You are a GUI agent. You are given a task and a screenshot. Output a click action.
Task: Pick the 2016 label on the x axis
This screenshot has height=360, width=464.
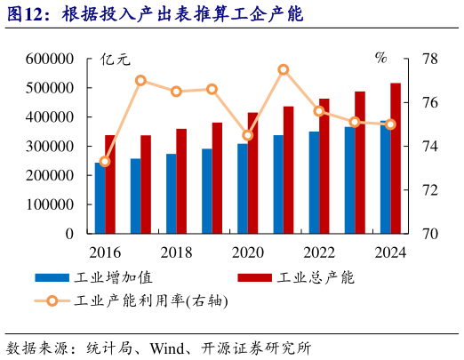[105, 252]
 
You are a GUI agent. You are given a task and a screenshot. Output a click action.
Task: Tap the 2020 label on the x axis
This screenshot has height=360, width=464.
[247, 252]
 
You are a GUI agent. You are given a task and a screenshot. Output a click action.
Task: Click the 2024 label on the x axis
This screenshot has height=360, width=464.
[389, 252]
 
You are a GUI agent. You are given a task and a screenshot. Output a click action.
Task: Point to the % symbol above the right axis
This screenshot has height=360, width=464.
[380, 59]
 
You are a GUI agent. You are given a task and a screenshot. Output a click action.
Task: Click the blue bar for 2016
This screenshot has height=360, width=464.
[100, 198]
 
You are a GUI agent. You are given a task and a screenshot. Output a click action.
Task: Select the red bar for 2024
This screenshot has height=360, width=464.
[396, 158]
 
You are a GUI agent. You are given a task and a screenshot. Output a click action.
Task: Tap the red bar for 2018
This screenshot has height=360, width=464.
[181, 181]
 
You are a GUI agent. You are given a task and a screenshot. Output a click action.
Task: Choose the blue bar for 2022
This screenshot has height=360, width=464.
[314, 182]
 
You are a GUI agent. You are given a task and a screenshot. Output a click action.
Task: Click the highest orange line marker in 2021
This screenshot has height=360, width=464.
[283, 69]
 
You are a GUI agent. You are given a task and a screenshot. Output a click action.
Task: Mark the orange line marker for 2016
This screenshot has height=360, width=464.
[105, 161]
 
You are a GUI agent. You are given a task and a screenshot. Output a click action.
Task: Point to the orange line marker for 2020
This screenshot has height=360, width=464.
[247, 136]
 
